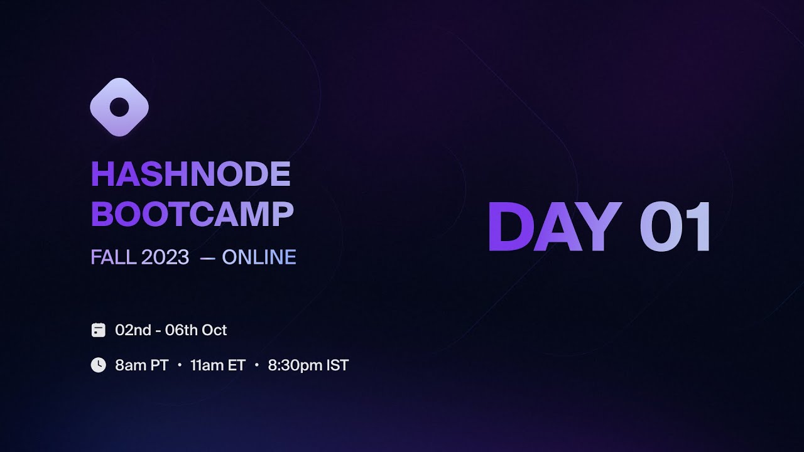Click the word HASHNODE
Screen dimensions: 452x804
click(191, 175)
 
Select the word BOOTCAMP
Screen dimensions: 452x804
click(192, 215)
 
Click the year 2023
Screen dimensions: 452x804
click(165, 257)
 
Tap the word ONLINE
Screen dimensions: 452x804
click(259, 257)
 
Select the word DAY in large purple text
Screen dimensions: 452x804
click(554, 228)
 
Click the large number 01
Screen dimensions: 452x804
click(676, 228)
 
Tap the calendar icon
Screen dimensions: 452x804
click(99, 330)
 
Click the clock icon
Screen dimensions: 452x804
click(99, 365)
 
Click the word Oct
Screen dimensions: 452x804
click(214, 330)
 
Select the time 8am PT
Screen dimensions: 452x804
click(142, 365)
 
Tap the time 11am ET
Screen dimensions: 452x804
click(217, 365)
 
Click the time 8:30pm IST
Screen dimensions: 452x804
click(308, 365)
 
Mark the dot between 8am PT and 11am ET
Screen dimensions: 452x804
click(180, 365)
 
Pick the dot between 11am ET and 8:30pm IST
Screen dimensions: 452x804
click(257, 365)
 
